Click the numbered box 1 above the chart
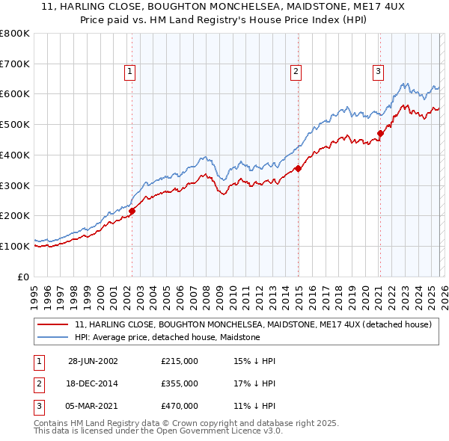click(129, 72)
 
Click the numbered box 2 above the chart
click(296, 72)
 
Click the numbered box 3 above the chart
click(379, 72)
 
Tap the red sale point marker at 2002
click(132, 211)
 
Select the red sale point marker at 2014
click(298, 168)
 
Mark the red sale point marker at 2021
click(380, 134)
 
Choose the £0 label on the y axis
click(22, 277)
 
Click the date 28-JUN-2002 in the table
click(93, 361)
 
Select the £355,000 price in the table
click(180, 383)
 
